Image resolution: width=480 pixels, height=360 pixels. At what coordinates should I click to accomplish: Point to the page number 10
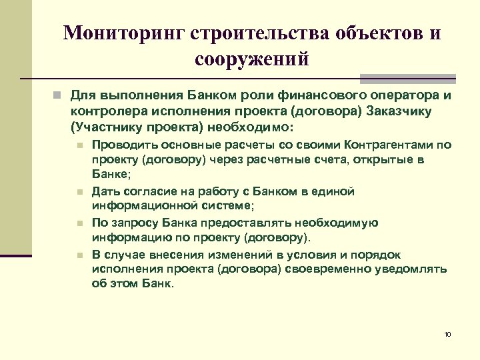(447, 333)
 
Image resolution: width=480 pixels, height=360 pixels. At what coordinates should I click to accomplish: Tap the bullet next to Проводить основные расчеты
(79, 144)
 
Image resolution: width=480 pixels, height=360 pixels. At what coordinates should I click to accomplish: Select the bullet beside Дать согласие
(79, 192)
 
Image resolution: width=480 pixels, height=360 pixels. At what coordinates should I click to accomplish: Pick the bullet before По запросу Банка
(79, 223)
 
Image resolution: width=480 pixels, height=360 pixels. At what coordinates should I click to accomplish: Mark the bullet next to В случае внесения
(79, 255)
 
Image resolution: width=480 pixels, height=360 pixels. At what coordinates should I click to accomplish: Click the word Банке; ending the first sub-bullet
(111, 175)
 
